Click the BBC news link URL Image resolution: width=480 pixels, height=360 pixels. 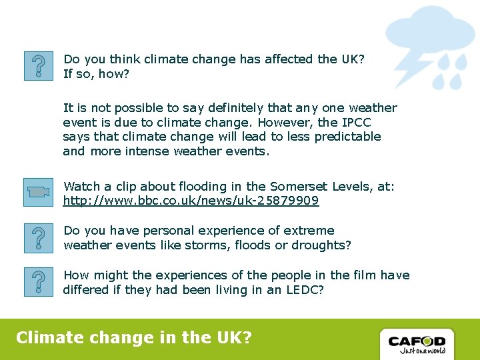191,201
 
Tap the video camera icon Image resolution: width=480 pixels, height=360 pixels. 38,193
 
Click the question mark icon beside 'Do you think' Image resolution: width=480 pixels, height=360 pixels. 38,66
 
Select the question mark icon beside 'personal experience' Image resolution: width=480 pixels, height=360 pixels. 38,238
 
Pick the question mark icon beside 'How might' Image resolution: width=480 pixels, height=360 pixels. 38,281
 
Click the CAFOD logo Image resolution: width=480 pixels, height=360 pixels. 417,343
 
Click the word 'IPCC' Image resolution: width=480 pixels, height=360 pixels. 356,123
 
